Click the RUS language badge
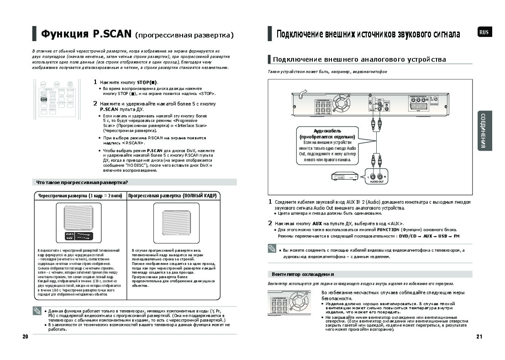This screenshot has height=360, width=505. (x=484, y=32)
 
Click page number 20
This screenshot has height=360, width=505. (x=25, y=337)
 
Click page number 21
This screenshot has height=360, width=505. (x=479, y=337)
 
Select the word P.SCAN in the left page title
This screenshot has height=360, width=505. (x=112, y=34)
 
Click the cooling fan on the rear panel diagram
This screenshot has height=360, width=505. (x=341, y=102)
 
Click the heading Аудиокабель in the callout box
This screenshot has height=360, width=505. (x=326, y=131)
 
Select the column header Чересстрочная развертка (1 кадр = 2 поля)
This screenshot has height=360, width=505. (x=80, y=196)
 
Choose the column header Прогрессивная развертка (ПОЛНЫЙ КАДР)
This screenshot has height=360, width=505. (x=172, y=196)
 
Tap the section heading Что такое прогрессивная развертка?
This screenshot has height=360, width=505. (x=82, y=182)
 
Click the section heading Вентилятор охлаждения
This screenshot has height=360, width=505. (x=302, y=275)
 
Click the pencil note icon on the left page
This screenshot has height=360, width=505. (x=37, y=311)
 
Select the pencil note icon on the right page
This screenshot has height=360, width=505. (x=273, y=249)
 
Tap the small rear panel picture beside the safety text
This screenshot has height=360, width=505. (x=292, y=302)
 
